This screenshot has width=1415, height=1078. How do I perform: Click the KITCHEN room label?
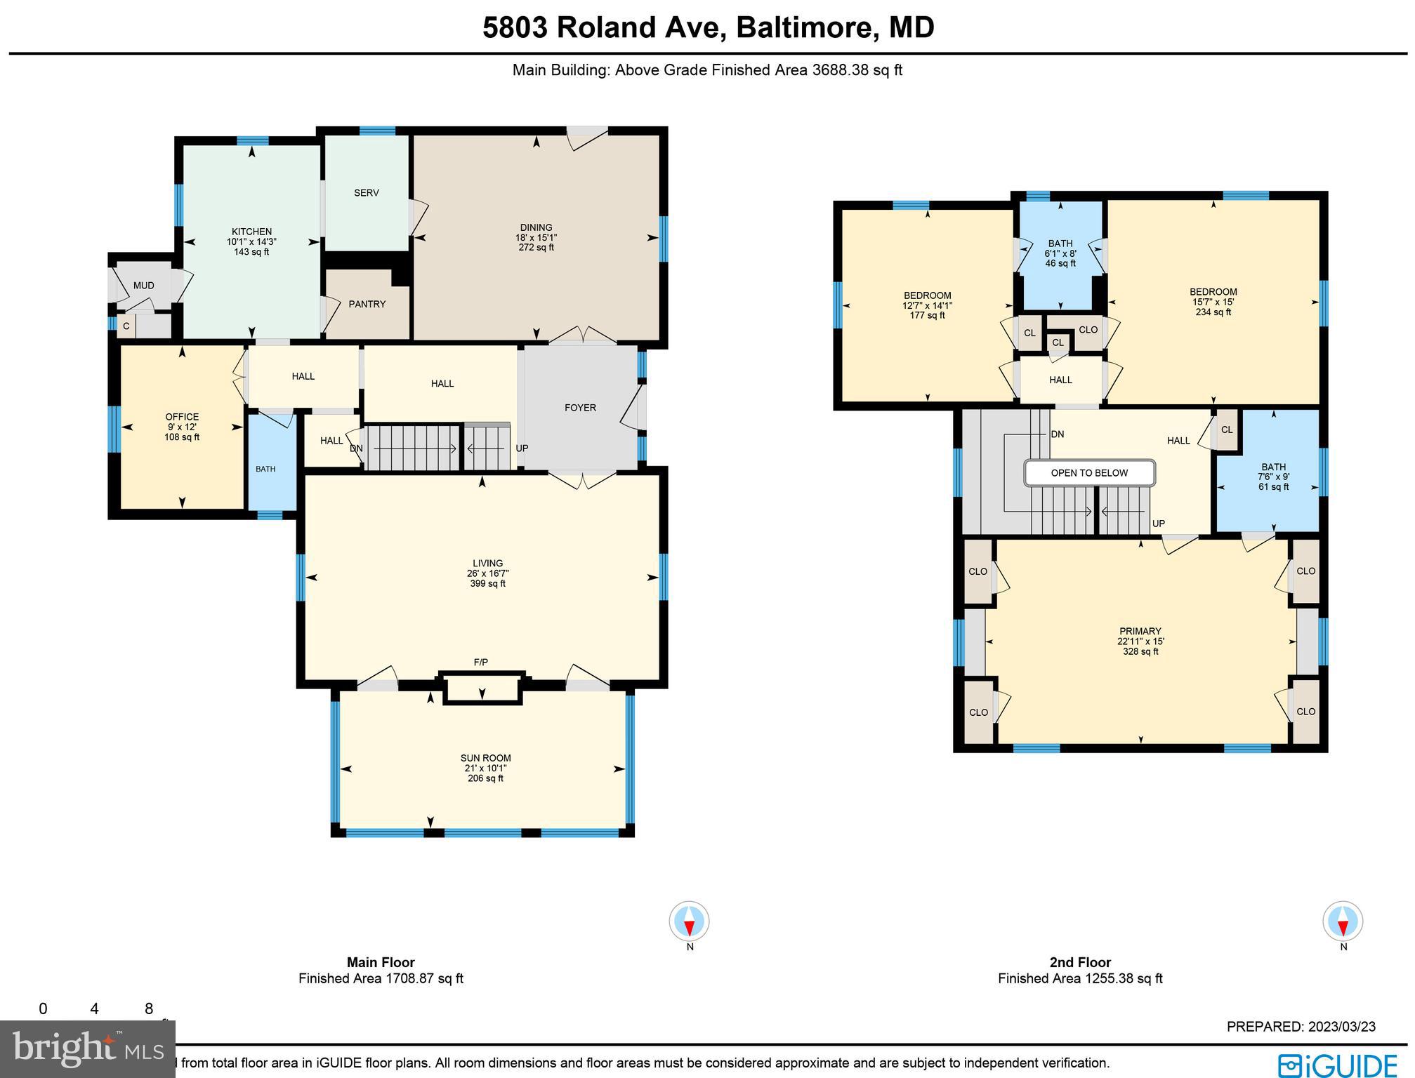click(x=251, y=232)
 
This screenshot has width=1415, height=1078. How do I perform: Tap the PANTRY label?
click(x=367, y=304)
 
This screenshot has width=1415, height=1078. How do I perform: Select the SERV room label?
click(x=366, y=193)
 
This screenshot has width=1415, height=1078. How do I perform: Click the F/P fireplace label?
click(x=481, y=663)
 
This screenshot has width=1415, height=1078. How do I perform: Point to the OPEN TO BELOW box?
click(x=1089, y=473)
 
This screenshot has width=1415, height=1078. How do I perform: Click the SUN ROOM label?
click(x=485, y=758)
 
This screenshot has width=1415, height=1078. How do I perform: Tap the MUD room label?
click(x=143, y=286)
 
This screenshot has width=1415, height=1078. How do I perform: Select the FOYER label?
click(x=580, y=408)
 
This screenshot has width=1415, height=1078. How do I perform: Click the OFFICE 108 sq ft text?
click(x=182, y=437)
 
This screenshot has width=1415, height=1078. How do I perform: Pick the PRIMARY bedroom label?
click(x=1140, y=631)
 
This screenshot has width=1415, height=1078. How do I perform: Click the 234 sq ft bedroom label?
click(x=1213, y=312)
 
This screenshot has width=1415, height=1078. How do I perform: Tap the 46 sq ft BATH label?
click(x=1060, y=263)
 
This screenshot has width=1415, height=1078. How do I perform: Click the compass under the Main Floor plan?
click(x=689, y=921)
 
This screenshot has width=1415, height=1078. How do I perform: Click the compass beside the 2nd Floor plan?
click(x=1343, y=921)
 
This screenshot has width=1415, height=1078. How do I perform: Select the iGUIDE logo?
click(x=1337, y=1065)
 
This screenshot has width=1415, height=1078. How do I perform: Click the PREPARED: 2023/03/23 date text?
click(x=1301, y=1027)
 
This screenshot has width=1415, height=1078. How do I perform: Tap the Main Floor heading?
click(x=381, y=962)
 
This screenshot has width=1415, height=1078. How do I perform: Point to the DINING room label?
click(x=536, y=227)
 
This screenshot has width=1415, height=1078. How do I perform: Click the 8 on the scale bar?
click(x=149, y=1009)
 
